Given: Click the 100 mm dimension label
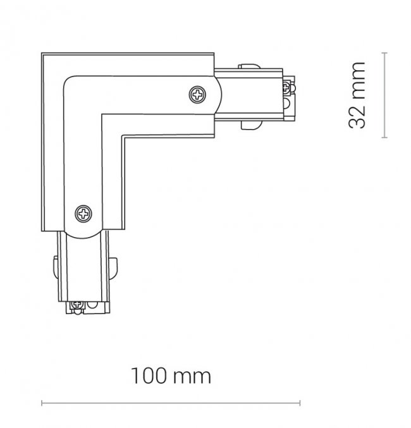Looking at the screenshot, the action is tap(171, 376).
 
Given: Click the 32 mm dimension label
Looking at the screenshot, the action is tap(357, 95).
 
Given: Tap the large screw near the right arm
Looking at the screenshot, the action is tap(197, 94).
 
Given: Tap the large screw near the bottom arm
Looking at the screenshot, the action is tap(83, 214).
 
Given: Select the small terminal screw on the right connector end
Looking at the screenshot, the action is tap(286, 87).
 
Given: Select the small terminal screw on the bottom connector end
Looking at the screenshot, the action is tap(77, 304).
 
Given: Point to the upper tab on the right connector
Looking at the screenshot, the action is tap(249, 66).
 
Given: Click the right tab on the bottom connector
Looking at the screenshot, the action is tap(114, 269).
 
